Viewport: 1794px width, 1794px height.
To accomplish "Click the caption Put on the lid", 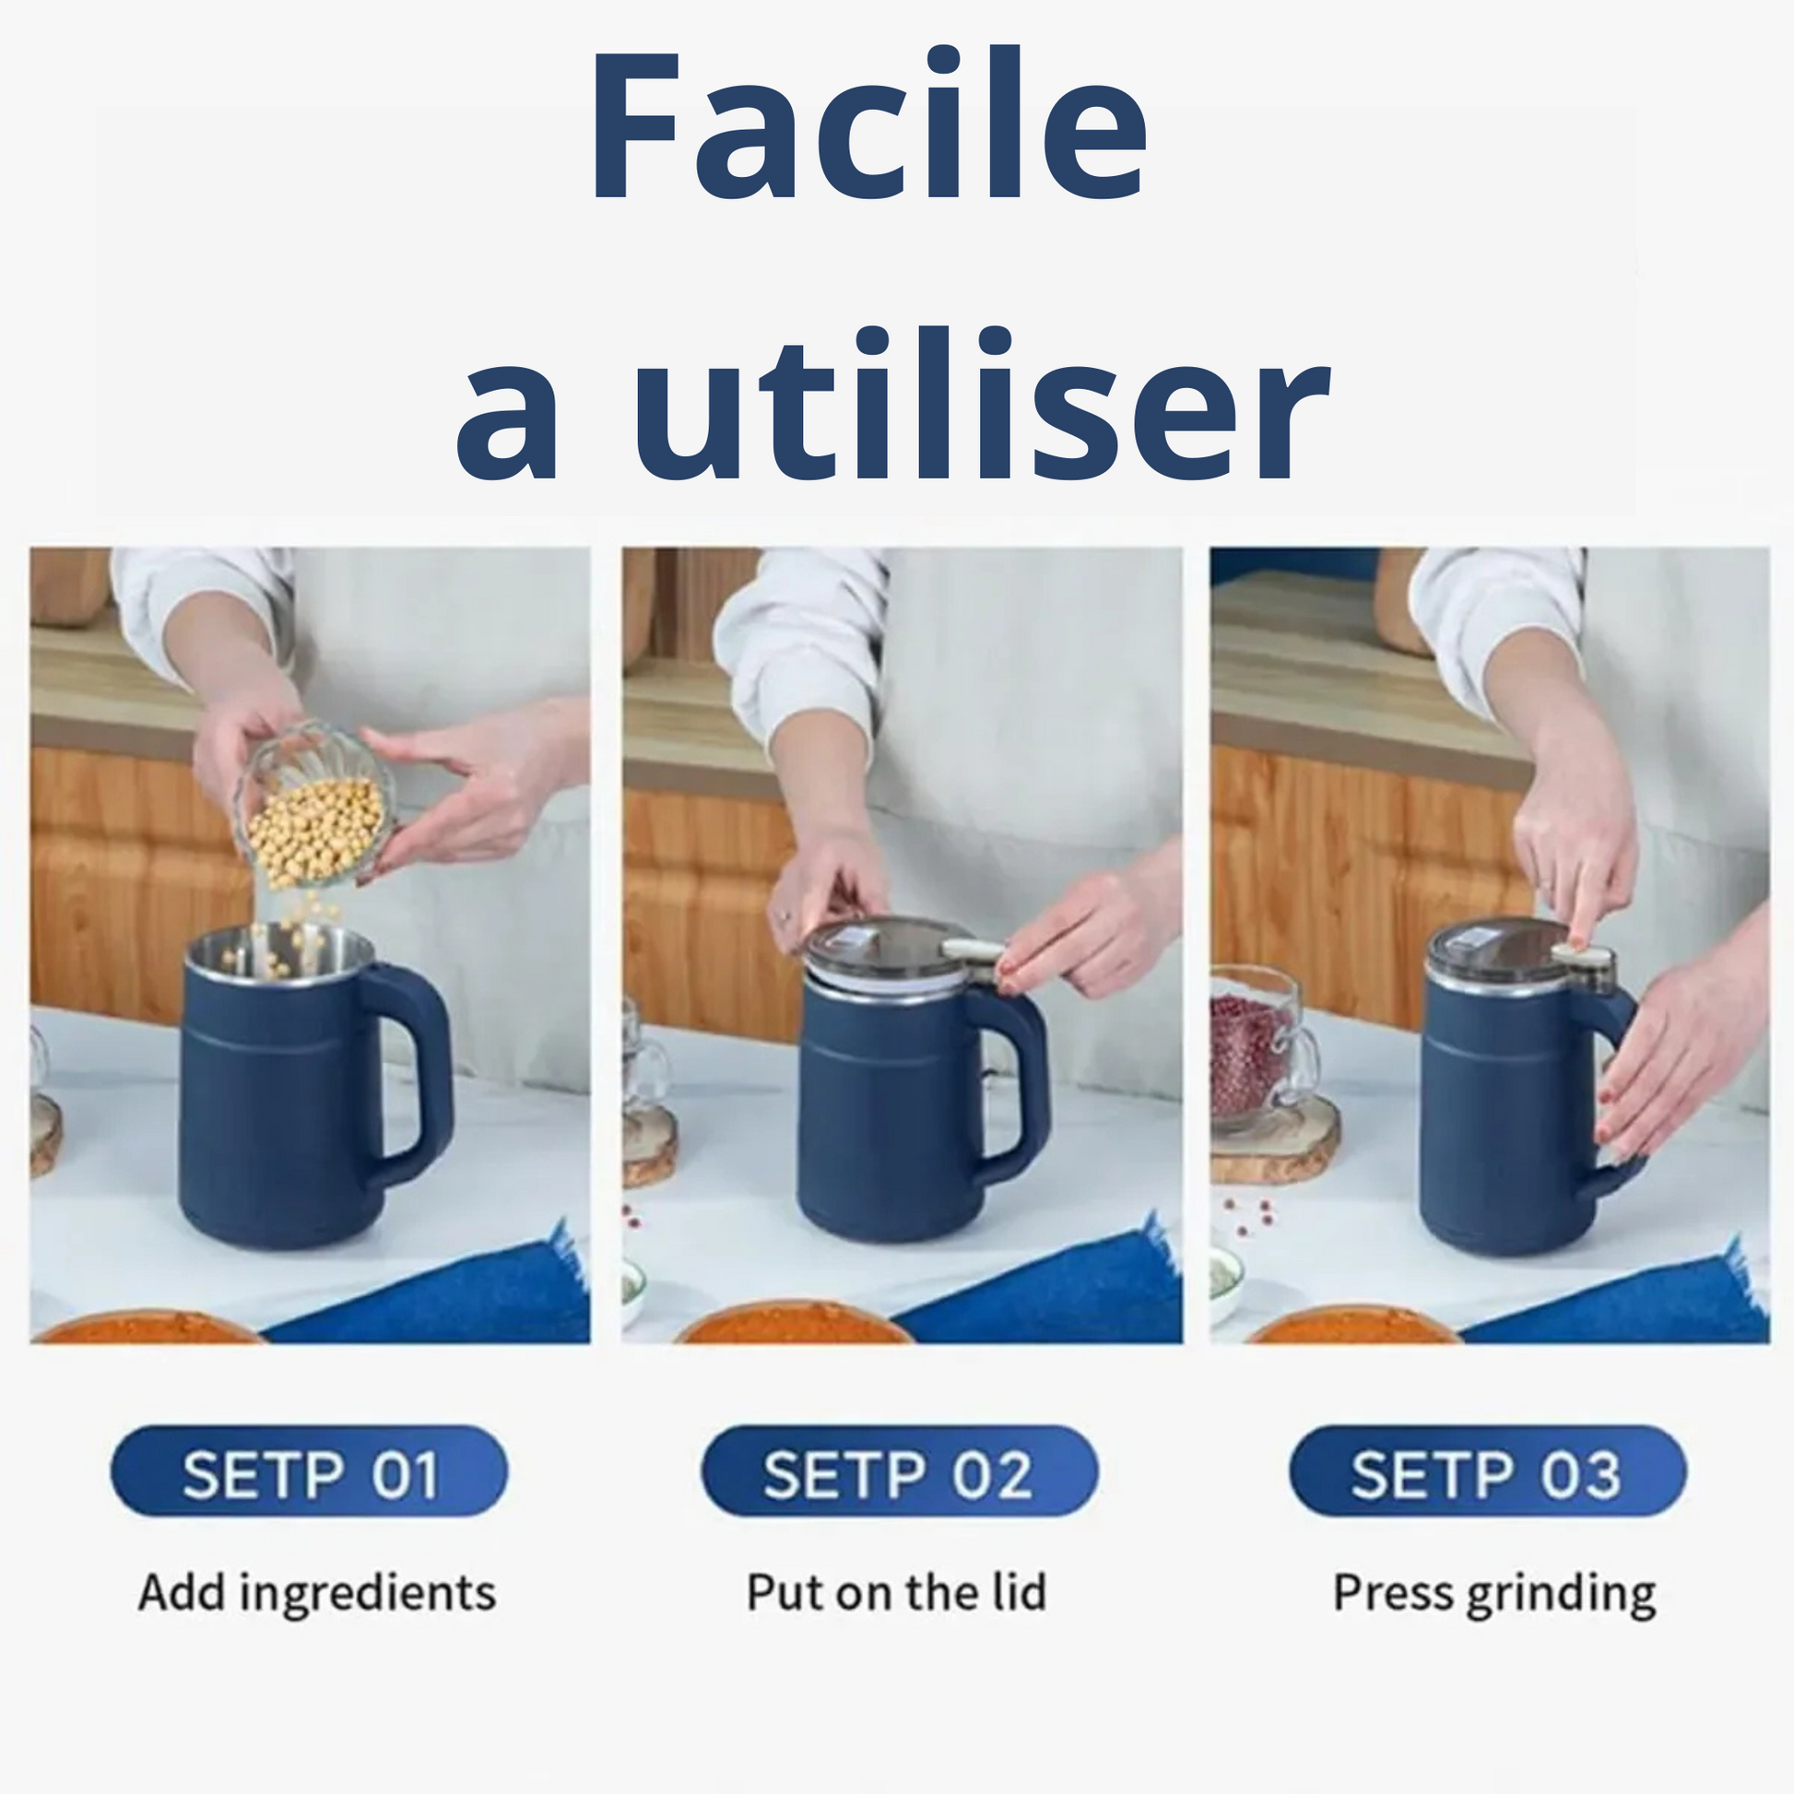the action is pyautogui.click(x=897, y=1592).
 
